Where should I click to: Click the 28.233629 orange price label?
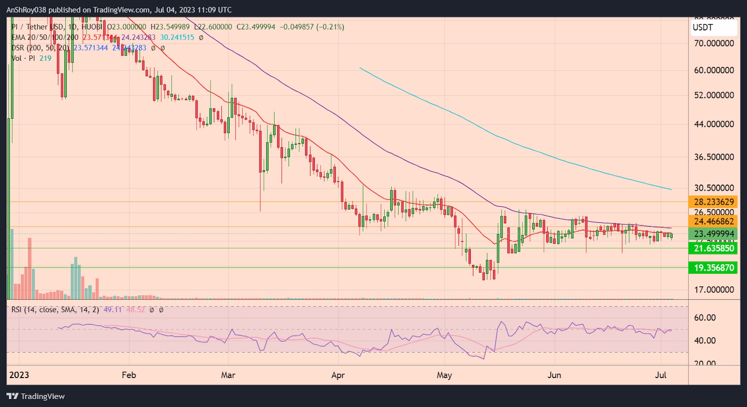[x=713, y=202]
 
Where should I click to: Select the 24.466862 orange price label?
[x=713, y=221]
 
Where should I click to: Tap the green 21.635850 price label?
[x=713, y=248]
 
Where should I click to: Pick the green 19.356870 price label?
[x=713, y=268]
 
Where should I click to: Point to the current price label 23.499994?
[x=713, y=234]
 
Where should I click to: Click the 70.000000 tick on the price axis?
[x=714, y=43]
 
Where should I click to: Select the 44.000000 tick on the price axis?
[x=714, y=124]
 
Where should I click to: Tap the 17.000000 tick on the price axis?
[x=714, y=290]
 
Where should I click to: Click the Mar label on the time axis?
[x=228, y=375]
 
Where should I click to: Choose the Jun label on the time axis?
[x=554, y=375]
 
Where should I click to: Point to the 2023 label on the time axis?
[x=19, y=375]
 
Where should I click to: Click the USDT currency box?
[x=713, y=28]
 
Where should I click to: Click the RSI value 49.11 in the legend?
[x=113, y=310]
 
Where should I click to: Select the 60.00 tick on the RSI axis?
[x=705, y=318]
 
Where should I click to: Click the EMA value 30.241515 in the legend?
[x=177, y=37]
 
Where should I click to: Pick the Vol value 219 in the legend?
[x=45, y=58]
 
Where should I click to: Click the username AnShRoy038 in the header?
[x=26, y=10]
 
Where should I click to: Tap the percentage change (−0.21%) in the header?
[x=330, y=27]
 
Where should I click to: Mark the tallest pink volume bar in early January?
[x=30, y=268]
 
